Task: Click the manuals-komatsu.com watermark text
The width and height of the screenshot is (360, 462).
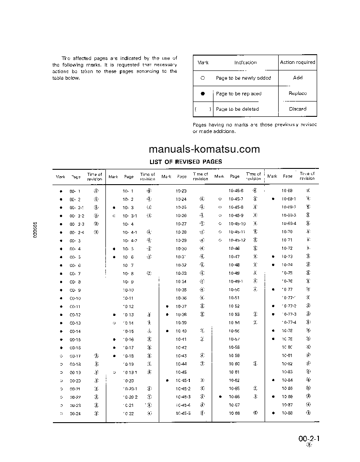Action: [204, 149]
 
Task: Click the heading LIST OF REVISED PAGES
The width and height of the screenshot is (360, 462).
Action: [185, 162]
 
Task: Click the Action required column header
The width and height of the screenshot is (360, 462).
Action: [297, 63]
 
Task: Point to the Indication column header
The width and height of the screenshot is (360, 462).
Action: [245, 63]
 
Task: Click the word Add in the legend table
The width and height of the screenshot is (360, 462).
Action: [297, 78]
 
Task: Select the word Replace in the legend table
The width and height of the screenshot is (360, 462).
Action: [297, 94]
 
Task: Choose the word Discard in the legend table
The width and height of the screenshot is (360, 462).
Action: [297, 109]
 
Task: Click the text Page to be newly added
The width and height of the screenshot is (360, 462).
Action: [243, 78]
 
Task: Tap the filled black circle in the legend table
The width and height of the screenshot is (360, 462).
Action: [203, 94]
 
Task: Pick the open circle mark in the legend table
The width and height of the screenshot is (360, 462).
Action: [203, 78]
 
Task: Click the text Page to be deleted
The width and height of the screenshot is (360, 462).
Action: [237, 109]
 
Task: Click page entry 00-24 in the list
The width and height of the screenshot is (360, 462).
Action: [75, 413]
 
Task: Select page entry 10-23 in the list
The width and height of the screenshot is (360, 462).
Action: [181, 191]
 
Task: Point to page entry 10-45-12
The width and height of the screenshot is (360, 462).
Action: [237, 240]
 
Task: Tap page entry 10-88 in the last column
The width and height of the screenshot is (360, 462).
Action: [287, 413]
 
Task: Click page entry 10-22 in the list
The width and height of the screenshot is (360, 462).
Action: [128, 413]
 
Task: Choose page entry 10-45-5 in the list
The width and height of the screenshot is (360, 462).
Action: [183, 413]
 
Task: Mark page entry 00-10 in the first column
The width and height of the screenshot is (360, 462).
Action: [75, 298]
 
